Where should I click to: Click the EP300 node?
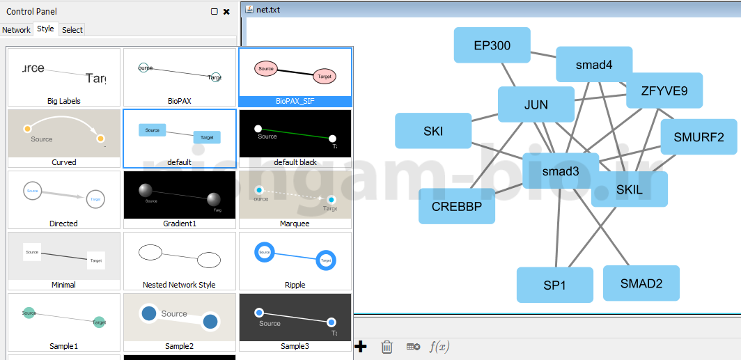pyautogui.click(x=492, y=45)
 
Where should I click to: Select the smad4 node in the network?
pyautogui.click(x=593, y=65)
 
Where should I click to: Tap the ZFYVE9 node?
pyautogui.click(x=664, y=91)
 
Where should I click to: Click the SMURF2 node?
pyautogui.click(x=699, y=137)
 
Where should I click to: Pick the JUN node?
pyautogui.click(x=536, y=105)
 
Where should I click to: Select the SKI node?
pyautogui.click(x=432, y=131)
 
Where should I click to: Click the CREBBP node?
pyautogui.click(x=456, y=206)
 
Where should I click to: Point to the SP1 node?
pyautogui.click(x=554, y=285)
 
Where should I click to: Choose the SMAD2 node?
pyautogui.click(x=641, y=283)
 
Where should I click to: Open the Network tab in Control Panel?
pyautogui.click(x=16, y=30)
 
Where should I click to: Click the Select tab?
pyautogui.click(x=72, y=30)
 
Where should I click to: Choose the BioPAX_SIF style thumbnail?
pyautogui.click(x=295, y=77)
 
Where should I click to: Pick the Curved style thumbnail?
pyautogui.click(x=64, y=138)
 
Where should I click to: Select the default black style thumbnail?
pyautogui.click(x=295, y=138)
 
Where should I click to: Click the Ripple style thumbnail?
pyautogui.click(x=295, y=260)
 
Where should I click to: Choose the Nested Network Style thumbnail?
pyautogui.click(x=180, y=260)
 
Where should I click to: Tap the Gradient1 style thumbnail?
pyautogui.click(x=180, y=199)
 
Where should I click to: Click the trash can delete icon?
pyautogui.click(x=387, y=347)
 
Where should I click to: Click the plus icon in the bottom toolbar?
pyautogui.click(x=361, y=347)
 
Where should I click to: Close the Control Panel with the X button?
pyautogui.click(x=226, y=12)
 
